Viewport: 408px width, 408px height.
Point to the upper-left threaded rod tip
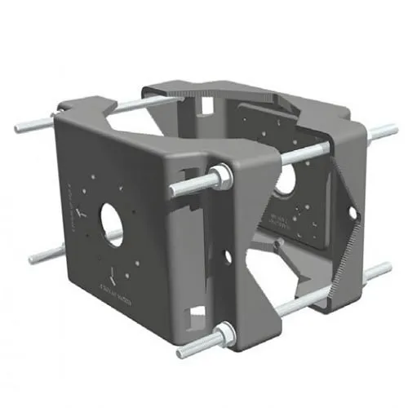click(19, 127)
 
